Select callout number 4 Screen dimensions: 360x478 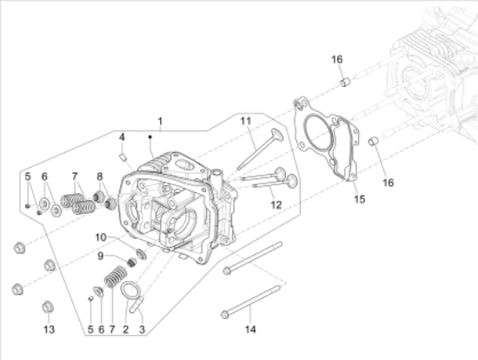pyautogui.click(x=123, y=137)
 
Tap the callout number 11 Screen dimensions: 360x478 pyautogui.click(x=246, y=120)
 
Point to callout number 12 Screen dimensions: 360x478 pyautogui.click(x=276, y=205)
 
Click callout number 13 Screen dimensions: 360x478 pyautogui.click(x=49, y=330)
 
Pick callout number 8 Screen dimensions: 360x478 pyautogui.click(x=100, y=177)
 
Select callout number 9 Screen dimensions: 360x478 pyautogui.click(x=100, y=255)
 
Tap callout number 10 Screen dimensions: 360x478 pyautogui.click(x=101, y=237)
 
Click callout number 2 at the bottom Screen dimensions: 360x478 pyautogui.click(x=126, y=330)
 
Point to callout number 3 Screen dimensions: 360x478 pyautogui.click(x=143, y=330)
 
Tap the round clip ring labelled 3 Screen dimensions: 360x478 pyautogui.click(x=130, y=291)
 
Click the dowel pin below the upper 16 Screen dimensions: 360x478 pyautogui.click(x=344, y=83)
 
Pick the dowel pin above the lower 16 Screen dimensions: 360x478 pyautogui.click(x=374, y=142)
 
